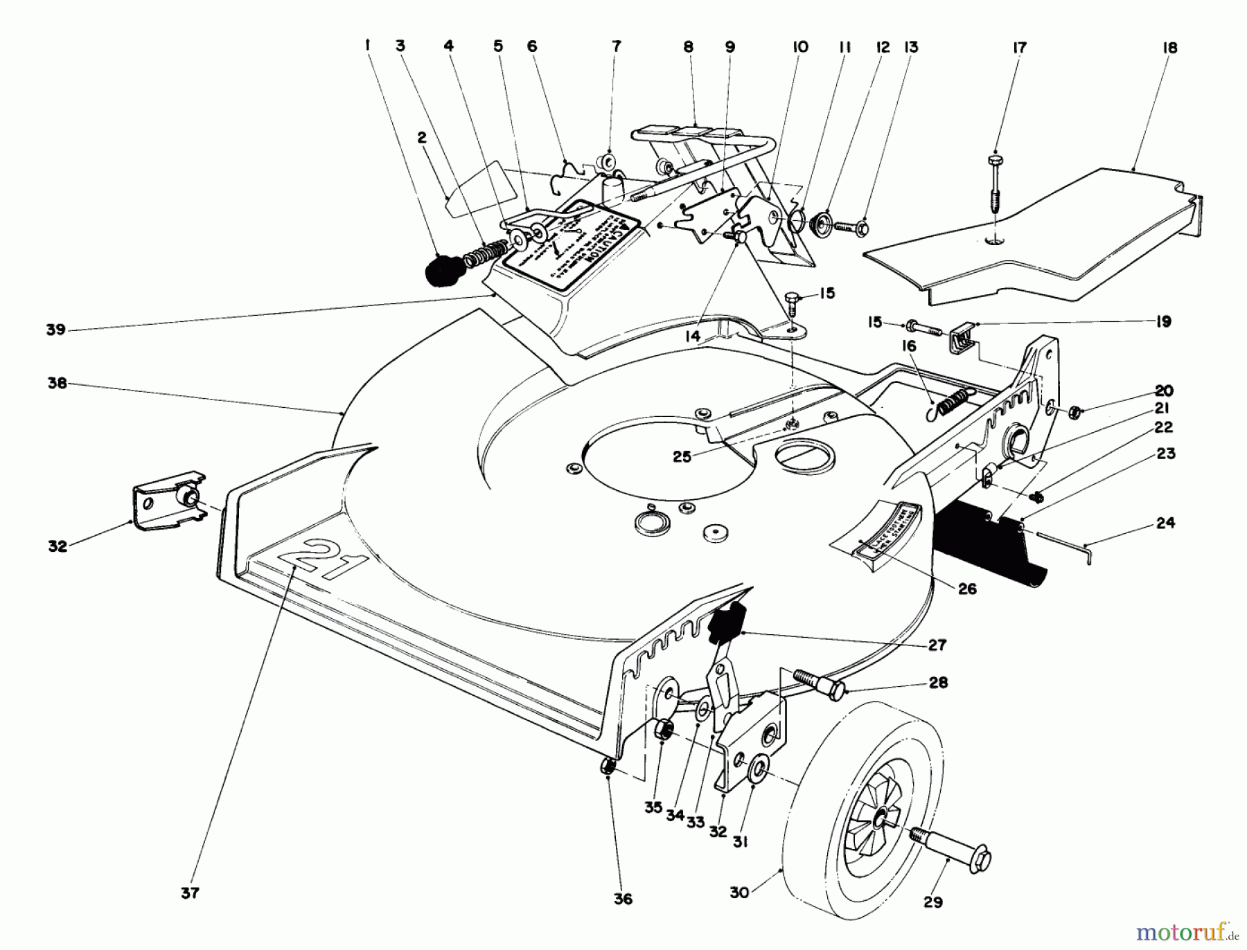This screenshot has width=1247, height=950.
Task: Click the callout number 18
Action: (x=1170, y=48)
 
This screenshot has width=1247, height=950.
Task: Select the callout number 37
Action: (x=190, y=893)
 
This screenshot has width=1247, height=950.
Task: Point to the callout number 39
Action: (x=56, y=330)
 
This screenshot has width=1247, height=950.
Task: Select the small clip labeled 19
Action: (x=960, y=337)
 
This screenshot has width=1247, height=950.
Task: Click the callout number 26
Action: (x=967, y=589)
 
